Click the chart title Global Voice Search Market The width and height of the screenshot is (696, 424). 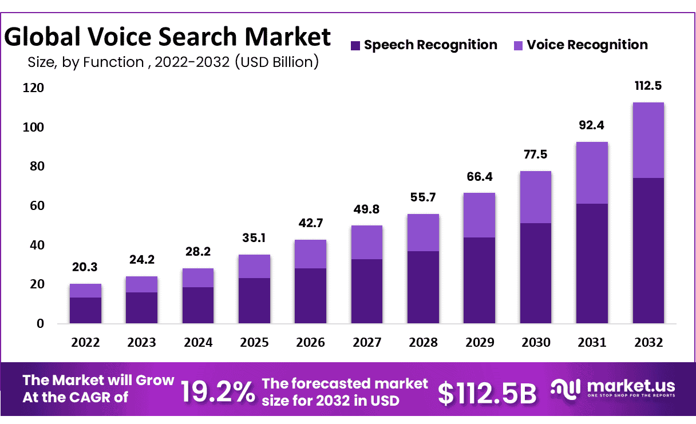pyautogui.click(x=168, y=37)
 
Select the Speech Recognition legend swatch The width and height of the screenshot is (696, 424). pyautogui.click(x=355, y=45)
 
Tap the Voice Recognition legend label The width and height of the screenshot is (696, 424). pyautogui.click(x=587, y=45)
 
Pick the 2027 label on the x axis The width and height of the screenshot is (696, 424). pyautogui.click(x=367, y=342)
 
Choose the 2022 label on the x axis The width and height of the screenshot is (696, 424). pyautogui.click(x=85, y=342)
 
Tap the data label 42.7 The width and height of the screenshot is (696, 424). pyautogui.click(x=310, y=223)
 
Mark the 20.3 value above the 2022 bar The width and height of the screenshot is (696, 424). pyautogui.click(x=85, y=267)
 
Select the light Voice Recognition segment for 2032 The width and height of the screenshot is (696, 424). pyautogui.click(x=648, y=140)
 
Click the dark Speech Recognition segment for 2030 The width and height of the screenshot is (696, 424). pyautogui.click(x=536, y=273)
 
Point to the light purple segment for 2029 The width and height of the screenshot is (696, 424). pyautogui.click(x=480, y=215)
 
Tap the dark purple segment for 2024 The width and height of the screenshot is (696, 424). pyautogui.click(x=198, y=305)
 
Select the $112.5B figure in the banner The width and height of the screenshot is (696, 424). pyautogui.click(x=488, y=393)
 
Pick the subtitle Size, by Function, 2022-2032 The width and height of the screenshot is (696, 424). pyautogui.click(x=173, y=62)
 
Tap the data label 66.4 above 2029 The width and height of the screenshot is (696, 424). pyautogui.click(x=480, y=176)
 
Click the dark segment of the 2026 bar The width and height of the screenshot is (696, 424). pyautogui.click(x=310, y=295)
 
